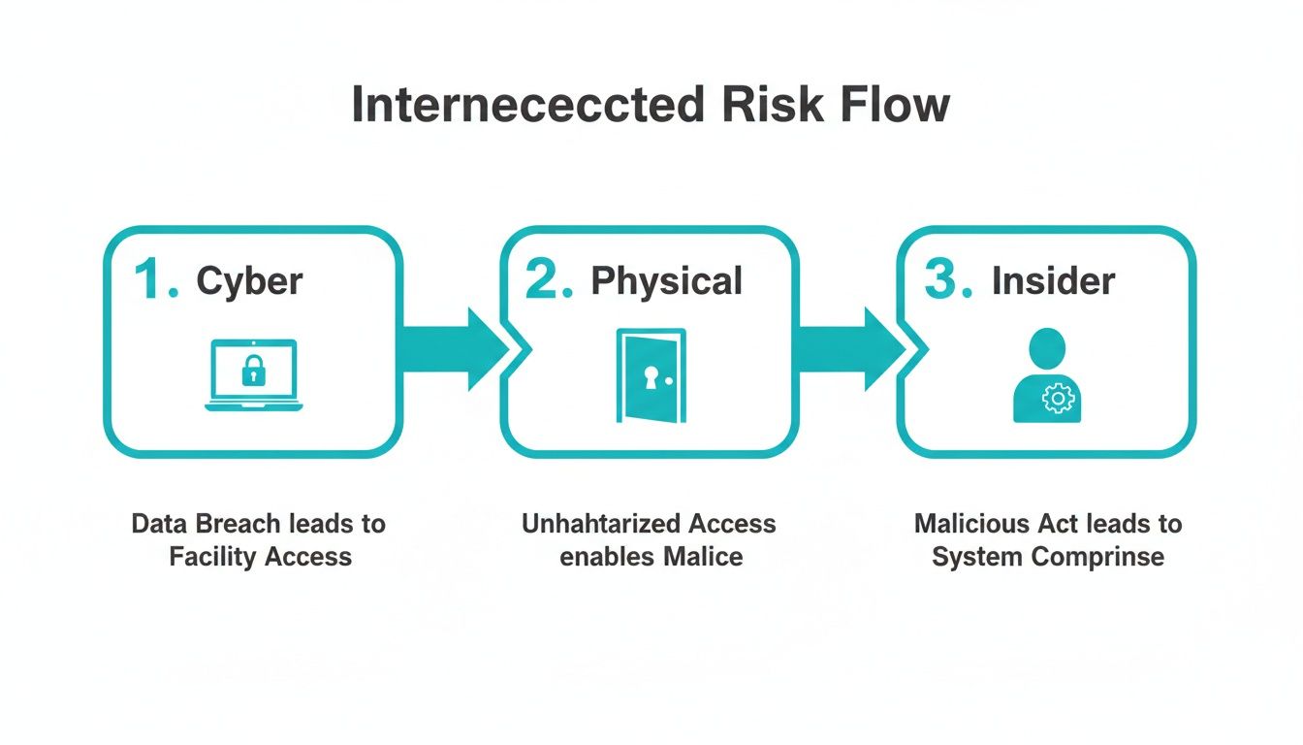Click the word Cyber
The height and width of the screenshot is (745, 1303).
tap(249, 281)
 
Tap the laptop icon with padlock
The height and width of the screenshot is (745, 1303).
tap(254, 375)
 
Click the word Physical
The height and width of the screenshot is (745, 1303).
tap(667, 281)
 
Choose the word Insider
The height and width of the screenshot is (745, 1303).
tap(1053, 281)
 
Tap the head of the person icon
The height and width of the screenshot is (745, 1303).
tap(1047, 346)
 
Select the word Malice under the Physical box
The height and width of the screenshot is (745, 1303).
tap(703, 557)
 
